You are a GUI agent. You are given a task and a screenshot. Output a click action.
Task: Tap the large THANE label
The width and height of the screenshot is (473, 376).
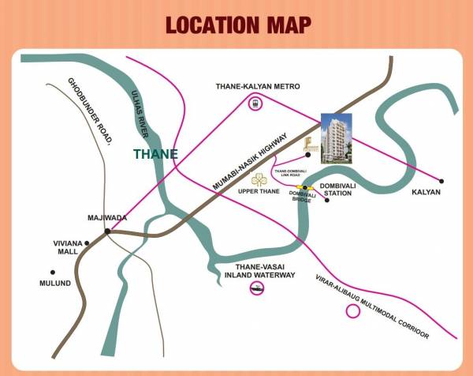pyautogui.click(x=155, y=153)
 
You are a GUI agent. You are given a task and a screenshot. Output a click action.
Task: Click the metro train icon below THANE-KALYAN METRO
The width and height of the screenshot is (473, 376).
pyautogui.click(x=255, y=103)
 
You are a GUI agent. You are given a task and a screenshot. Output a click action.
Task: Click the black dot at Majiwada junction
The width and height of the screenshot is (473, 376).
pyautogui.click(x=107, y=232)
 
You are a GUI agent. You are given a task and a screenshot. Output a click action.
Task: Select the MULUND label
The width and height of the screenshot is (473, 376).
pyautogui.click(x=56, y=283)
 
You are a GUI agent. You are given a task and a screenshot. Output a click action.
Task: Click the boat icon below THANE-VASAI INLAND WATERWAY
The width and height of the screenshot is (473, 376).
pyautogui.click(x=255, y=289)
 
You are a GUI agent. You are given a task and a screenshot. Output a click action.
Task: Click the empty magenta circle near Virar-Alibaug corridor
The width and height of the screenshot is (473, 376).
pyautogui.click(x=352, y=310)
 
